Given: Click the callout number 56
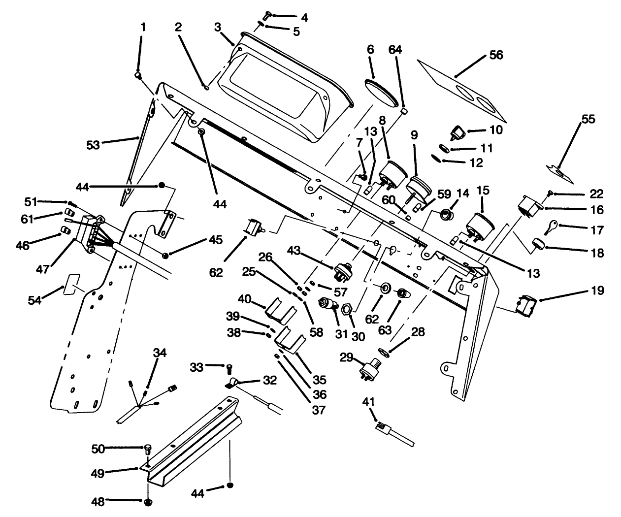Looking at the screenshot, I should [x=496, y=55].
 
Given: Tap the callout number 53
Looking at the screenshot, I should [x=93, y=145].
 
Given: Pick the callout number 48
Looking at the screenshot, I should [x=98, y=502].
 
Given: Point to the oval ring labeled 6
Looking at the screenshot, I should [x=383, y=93].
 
